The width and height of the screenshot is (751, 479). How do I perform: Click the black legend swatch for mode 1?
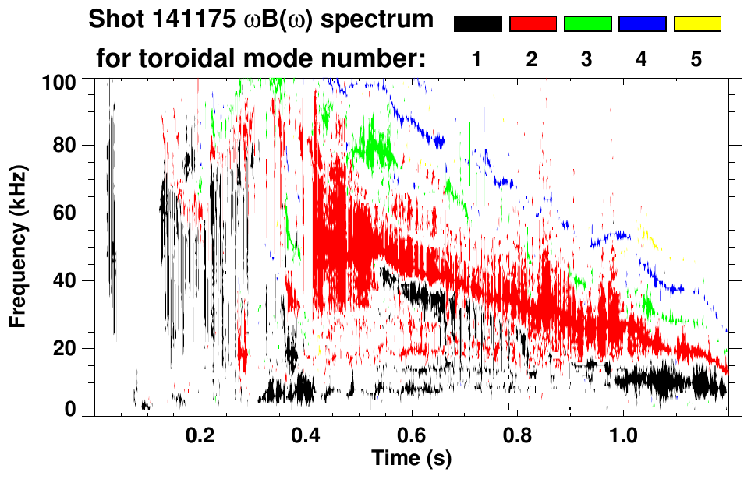coord(478,24)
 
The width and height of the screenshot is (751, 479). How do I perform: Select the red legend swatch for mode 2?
coord(533,24)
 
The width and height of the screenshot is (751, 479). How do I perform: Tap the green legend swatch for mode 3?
coord(587,24)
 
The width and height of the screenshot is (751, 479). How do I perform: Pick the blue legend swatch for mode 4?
coord(642,24)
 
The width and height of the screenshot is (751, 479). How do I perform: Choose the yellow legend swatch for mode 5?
coord(697,24)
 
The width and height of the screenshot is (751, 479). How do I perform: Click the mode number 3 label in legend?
coord(587,59)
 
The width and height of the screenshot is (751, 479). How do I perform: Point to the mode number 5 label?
coord(696,59)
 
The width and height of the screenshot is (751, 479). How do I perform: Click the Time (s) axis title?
coord(411,457)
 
